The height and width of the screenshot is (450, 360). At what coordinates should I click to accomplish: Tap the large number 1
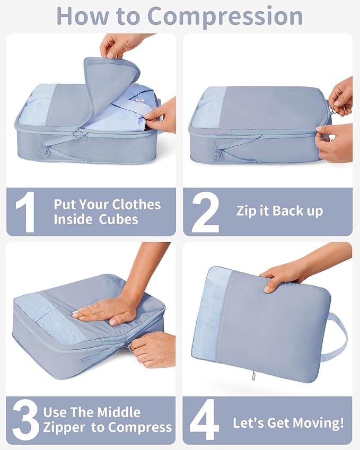coord(25,212)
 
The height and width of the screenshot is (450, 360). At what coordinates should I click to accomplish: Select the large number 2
coord(205,212)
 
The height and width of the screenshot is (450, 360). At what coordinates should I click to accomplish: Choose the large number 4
coord(204,422)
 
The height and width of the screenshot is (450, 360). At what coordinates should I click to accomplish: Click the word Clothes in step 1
coord(135,205)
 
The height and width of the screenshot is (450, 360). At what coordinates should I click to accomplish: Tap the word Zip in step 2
coord(246,210)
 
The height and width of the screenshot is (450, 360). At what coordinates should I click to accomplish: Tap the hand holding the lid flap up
coord(121,45)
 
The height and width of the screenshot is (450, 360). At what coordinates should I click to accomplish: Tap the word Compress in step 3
coord(144,428)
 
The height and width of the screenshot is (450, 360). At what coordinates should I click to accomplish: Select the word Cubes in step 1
coord(118,219)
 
